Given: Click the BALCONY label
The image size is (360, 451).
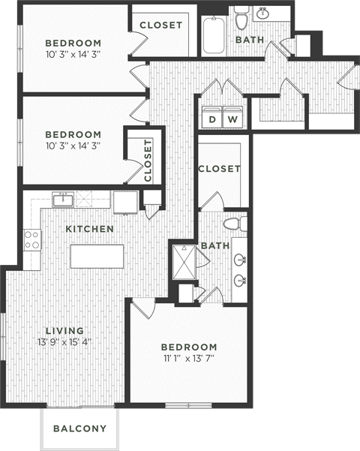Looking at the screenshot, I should pyautogui.click(x=79, y=429).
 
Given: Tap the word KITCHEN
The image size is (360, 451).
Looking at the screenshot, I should pyautogui.click(x=89, y=228).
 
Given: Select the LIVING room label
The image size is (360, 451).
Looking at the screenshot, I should pyautogui.click(x=64, y=330).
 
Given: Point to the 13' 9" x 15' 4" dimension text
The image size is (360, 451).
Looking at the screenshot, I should pyautogui.click(x=64, y=342).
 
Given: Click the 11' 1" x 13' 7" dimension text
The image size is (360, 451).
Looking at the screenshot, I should pyautogui.click(x=189, y=358).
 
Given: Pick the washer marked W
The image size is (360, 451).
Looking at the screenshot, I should pyautogui.click(x=232, y=119).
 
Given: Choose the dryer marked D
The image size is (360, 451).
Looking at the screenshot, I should pyautogui.click(x=212, y=119).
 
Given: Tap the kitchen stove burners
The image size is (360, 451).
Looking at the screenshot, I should pyautogui.click(x=32, y=239).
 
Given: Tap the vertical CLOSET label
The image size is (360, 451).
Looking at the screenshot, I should pyautogui.click(x=147, y=161).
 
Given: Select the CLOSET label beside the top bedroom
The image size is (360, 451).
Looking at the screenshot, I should pyautogui.click(x=160, y=25).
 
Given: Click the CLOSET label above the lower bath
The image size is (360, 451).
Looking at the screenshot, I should pyautogui.click(x=219, y=169).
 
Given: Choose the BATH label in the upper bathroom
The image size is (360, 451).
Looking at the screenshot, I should pyautogui.click(x=250, y=40).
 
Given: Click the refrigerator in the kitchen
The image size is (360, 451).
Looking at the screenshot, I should pyautogui.click(x=124, y=202).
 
